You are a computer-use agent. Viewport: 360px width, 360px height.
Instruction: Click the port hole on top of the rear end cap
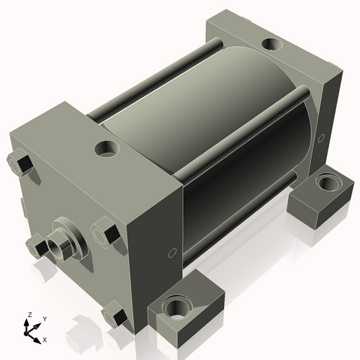point(272,45)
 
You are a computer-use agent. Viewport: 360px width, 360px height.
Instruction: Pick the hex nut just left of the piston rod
point(36,247)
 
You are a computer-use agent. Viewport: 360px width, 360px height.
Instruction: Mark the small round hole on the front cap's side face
point(171,252)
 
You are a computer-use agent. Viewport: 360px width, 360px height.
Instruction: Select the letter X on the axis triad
point(45,338)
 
